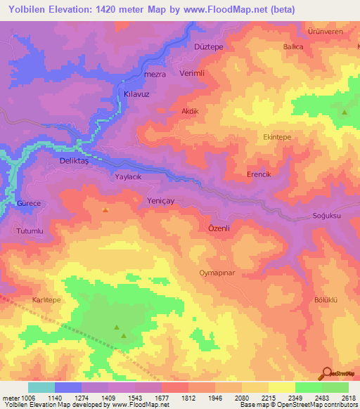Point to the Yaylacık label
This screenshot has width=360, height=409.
tap(129, 178)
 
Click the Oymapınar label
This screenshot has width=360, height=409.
tap(216, 271)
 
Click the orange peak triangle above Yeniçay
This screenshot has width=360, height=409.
tap(105, 209)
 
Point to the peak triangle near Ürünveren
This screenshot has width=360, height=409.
tap(345, 112)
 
